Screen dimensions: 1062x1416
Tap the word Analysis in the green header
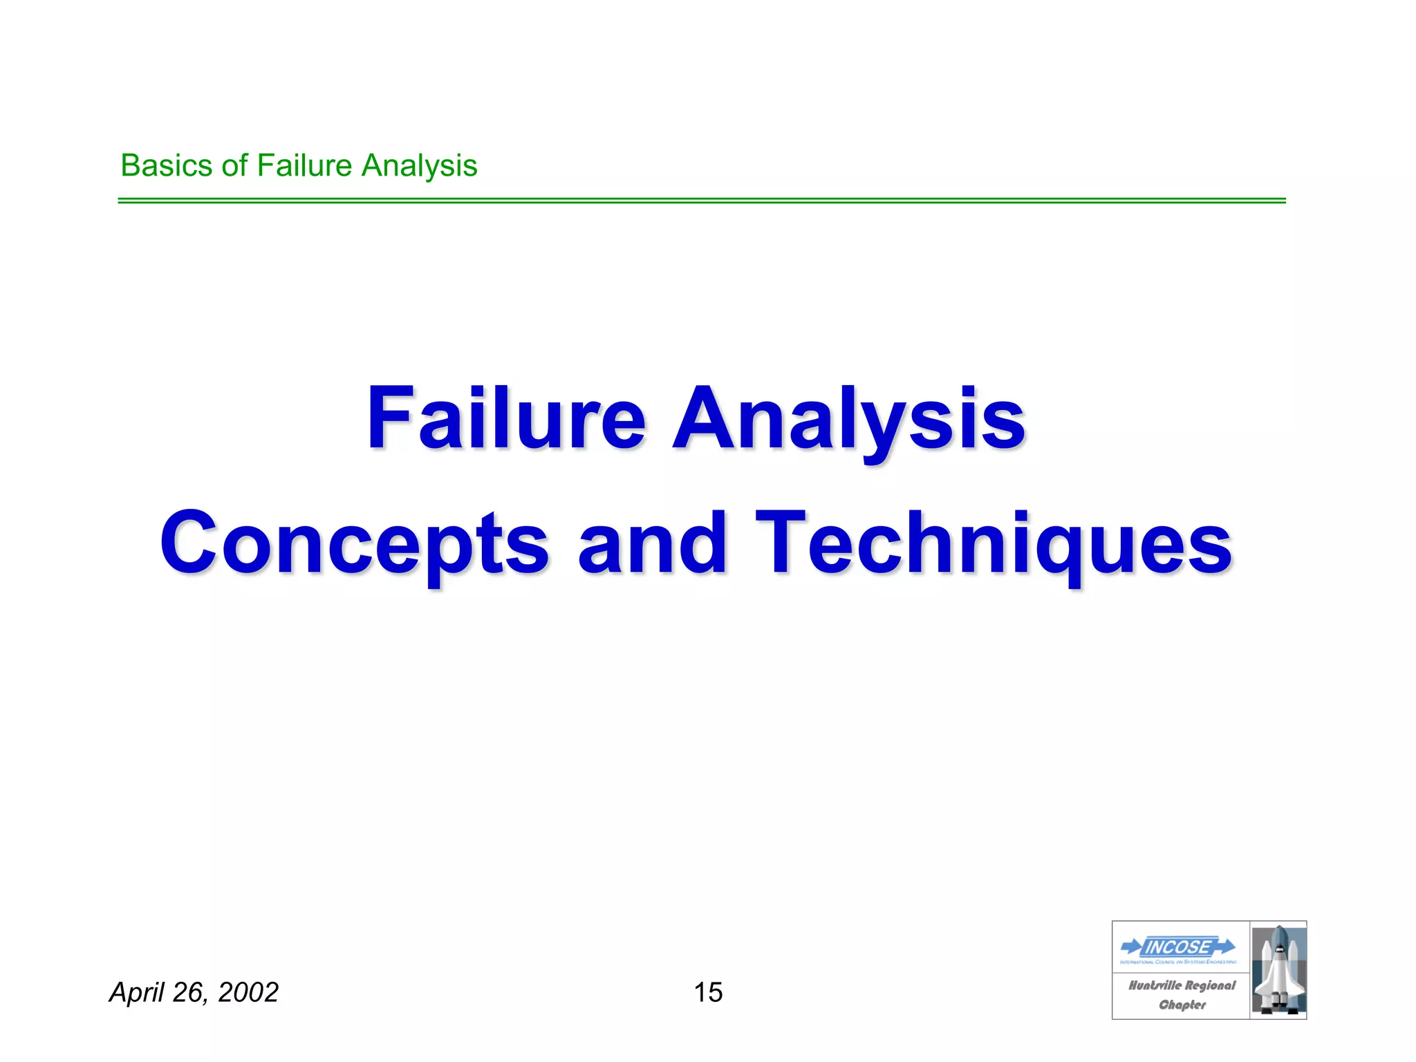(420, 166)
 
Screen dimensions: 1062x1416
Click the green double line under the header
(701, 201)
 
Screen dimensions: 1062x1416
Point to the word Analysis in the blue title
(849, 420)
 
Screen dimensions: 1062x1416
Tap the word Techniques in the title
(994, 545)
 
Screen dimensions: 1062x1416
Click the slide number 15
(708, 992)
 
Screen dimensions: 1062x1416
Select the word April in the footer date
(138, 993)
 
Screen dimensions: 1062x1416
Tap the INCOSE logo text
(1178, 947)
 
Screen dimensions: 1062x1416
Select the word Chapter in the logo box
(1182, 1005)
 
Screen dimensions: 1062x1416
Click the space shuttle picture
(1278, 970)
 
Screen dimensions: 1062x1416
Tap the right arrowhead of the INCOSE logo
(1227, 945)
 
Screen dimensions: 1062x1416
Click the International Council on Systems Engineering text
(1178, 962)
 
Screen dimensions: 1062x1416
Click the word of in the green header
(234, 166)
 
